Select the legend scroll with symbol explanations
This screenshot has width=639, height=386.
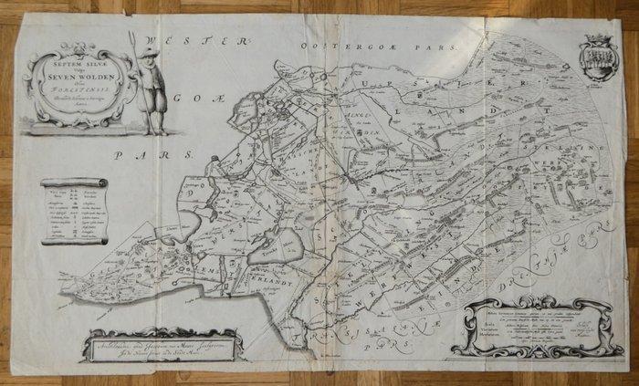click(74, 211)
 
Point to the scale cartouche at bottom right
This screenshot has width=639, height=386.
click(534, 329)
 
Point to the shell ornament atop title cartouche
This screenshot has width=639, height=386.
click(77, 51)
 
